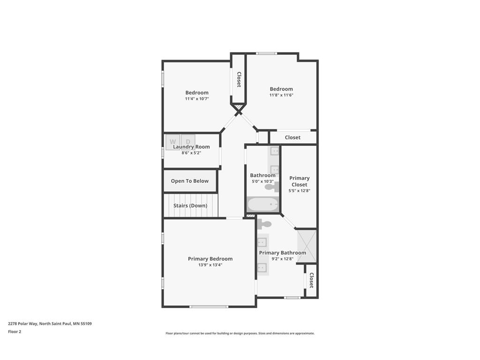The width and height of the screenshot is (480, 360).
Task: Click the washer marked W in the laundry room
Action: click(x=173, y=142)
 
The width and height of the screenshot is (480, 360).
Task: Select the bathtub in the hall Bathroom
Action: click(x=262, y=204)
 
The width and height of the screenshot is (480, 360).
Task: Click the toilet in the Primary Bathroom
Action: click(x=264, y=225)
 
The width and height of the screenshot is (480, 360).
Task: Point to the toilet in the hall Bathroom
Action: click(x=272, y=187)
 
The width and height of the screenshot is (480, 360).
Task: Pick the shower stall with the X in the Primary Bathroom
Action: click(x=307, y=246)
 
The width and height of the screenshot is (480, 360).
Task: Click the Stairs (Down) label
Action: click(x=190, y=205)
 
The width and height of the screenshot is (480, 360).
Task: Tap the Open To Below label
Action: click(x=190, y=181)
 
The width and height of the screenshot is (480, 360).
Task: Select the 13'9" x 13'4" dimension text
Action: click(x=210, y=265)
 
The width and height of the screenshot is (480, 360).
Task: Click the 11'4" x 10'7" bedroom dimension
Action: click(x=197, y=98)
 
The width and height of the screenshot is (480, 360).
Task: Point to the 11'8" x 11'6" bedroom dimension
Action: click(x=281, y=95)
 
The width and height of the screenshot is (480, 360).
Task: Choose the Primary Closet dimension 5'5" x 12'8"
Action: click(x=300, y=190)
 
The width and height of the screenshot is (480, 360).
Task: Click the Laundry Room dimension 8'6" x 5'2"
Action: click(x=191, y=153)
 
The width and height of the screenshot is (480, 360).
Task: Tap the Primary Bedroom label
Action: click(x=210, y=259)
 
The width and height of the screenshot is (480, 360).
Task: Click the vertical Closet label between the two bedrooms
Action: click(x=239, y=79)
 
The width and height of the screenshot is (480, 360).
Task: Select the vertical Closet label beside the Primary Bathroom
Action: click(x=311, y=280)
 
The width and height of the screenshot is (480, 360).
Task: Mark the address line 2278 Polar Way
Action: click(x=50, y=323)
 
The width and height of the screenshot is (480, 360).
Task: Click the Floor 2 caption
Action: click(x=15, y=331)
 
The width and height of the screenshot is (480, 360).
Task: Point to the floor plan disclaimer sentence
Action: click(x=240, y=333)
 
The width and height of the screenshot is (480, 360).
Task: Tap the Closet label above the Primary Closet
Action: click(x=292, y=137)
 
